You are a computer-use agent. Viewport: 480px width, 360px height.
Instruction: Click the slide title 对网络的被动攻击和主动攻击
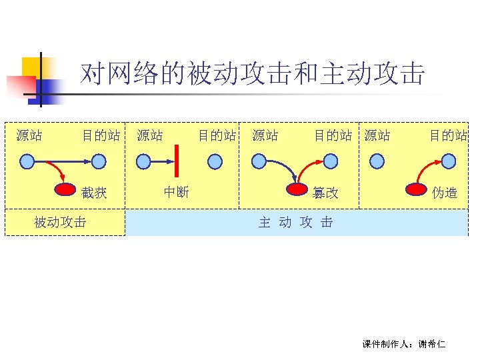252,75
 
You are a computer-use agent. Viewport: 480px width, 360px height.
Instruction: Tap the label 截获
94,193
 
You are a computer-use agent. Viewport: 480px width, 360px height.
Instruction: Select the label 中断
177,192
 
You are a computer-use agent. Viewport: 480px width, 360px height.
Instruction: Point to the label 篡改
325,193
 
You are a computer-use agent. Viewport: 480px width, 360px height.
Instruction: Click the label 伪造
445,193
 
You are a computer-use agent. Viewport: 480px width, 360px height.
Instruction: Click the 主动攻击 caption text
296,223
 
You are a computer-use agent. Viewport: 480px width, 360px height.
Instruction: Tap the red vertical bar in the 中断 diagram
177,161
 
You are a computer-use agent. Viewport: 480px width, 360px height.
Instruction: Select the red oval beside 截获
65,189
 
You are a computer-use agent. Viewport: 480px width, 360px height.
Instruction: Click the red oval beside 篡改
295,189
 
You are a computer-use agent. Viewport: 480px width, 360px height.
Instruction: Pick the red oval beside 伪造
417,189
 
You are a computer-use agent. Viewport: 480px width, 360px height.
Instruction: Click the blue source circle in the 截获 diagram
27,161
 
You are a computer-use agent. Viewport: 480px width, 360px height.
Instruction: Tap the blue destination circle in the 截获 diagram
99,161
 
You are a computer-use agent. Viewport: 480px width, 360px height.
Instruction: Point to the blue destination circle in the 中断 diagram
215,161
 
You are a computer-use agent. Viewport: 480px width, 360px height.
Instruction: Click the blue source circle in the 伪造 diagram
377,161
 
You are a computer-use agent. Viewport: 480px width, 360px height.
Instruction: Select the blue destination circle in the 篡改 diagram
331,161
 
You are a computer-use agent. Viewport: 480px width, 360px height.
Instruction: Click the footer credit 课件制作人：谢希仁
404,344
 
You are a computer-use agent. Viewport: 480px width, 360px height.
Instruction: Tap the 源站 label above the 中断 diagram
149,136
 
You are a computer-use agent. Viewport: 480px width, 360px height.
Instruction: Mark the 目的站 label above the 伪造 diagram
448,136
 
